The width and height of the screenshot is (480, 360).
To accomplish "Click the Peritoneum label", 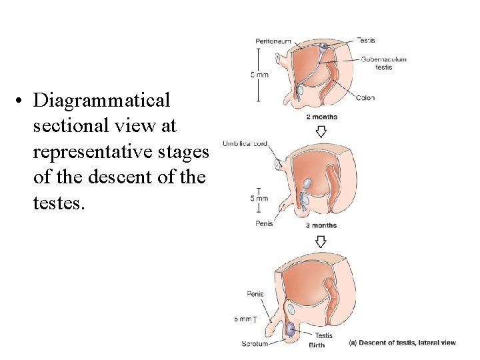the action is (x=273, y=41).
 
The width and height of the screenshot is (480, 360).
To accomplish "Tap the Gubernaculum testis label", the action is (x=384, y=63).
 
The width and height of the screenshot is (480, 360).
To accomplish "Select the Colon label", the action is (x=365, y=98).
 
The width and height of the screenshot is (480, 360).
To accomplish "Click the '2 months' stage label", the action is (x=321, y=117).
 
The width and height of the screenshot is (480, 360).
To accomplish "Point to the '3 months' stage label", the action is (x=321, y=225).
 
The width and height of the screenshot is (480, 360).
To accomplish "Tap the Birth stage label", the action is (x=317, y=345).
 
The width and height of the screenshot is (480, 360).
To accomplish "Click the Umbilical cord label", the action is (x=245, y=144).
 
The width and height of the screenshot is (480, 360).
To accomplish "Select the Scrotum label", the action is (x=255, y=344).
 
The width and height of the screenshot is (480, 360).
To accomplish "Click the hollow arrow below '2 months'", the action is (x=321, y=131).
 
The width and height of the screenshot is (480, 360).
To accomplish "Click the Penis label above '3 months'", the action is (x=264, y=224).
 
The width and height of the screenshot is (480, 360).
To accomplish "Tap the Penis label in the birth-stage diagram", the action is (x=255, y=293).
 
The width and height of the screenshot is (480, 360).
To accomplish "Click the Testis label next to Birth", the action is (x=323, y=335).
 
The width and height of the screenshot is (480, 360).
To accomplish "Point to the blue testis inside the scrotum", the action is (x=291, y=329).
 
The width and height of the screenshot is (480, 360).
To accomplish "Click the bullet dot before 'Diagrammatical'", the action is (x=22, y=101).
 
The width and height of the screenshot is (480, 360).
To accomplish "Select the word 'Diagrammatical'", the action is (x=102, y=101).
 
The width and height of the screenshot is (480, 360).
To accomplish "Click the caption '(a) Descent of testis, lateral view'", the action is (x=403, y=343).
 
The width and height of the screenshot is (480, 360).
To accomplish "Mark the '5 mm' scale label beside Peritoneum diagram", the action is (x=259, y=75).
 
